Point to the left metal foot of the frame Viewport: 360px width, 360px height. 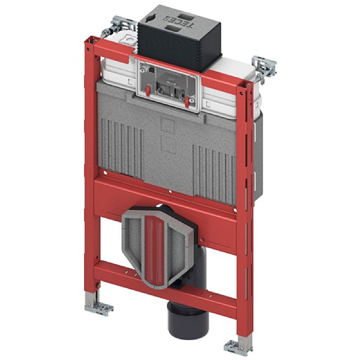pyautogui.click(x=98, y=306)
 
